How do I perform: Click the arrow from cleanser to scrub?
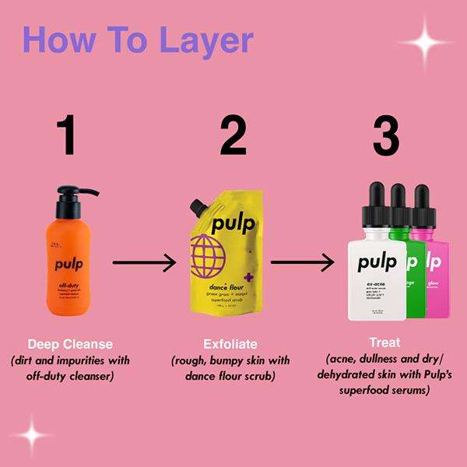coord(144,263)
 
